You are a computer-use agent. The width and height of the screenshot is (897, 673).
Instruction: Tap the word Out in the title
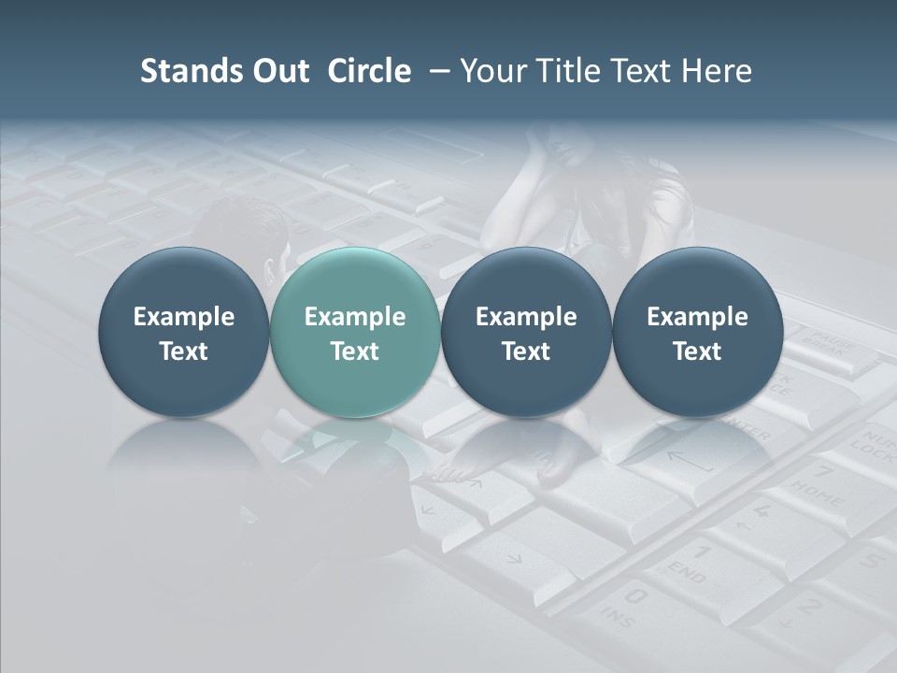point(278,71)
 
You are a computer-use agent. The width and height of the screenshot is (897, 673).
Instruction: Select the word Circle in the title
point(369,71)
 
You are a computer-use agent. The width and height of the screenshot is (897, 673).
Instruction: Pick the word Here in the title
point(715,71)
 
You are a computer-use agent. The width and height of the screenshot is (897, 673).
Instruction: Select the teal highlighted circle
point(355,333)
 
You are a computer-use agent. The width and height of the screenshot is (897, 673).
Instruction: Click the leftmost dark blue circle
point(184,333)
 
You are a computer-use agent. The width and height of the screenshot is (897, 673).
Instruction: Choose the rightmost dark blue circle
point(697,333)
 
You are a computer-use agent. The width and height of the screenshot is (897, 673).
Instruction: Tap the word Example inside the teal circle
point(355,317)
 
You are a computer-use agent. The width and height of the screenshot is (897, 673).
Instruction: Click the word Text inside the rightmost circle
point(697,351)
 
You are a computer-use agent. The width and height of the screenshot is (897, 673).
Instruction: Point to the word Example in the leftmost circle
point(184,317)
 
